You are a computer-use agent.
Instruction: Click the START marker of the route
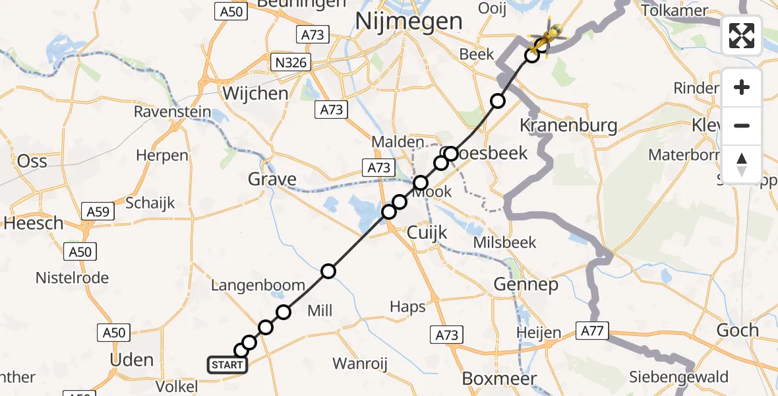click(227, 364)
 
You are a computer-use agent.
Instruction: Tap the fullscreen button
click(742, 36)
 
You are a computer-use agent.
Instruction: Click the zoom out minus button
click(742, 125)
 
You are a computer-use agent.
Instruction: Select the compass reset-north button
click(742, 164)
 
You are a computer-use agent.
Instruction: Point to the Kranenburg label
click(568, 125)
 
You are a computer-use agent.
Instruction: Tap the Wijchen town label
click(255, 93)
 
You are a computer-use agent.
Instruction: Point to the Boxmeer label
click(500, 379)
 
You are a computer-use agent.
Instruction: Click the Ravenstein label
click(172, 112)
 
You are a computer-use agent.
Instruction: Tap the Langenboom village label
click(258, 286)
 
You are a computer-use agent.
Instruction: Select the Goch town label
click(736, 330)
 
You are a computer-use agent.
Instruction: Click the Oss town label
click(32, 160)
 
